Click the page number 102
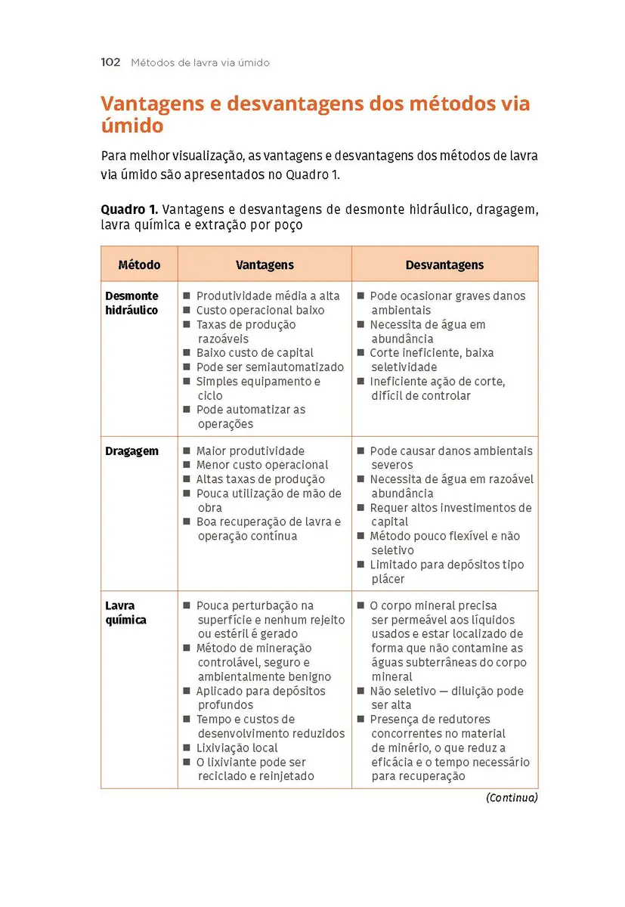click(110, 63)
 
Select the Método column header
click(139, 265)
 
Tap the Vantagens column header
click(265, 265)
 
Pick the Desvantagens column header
click(444, 265)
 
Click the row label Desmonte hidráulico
click(131, 303)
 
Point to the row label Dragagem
click(131, 451)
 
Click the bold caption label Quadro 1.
click(129, 209)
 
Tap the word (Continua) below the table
click(512, 797)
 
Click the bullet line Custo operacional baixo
click(260, 311)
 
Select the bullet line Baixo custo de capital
click(255, 353)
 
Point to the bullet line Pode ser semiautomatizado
click(270, 367)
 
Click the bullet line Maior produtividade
click(250, 451)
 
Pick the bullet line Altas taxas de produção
click(260, 479)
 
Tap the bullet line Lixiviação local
click(237, 748)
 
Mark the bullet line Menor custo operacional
click(262, 465)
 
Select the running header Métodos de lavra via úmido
click(200, 63)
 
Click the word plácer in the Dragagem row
click(388, 579)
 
